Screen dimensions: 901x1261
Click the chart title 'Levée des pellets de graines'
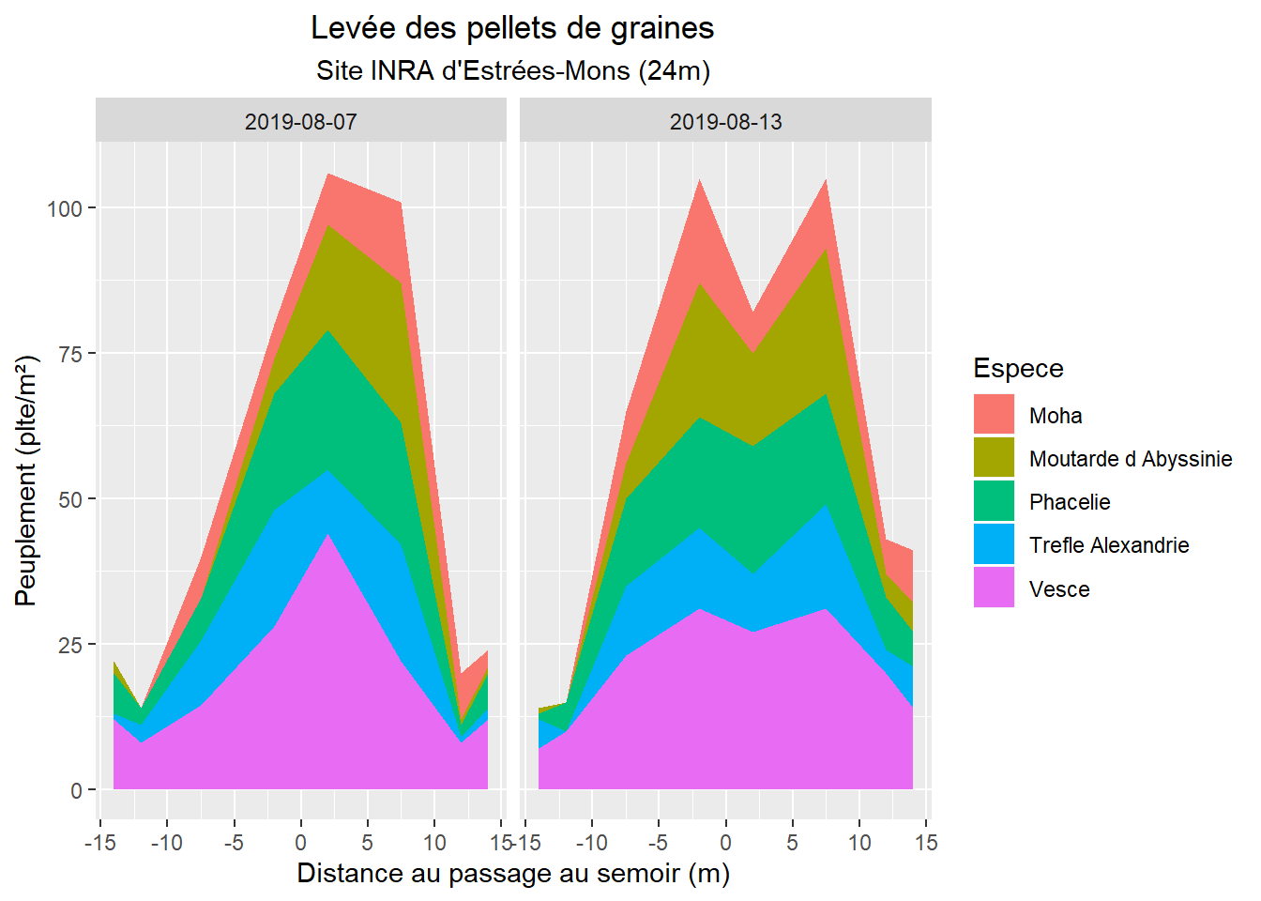tap(512, 29)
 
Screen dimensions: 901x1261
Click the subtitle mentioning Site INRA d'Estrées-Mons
tap(512, 71)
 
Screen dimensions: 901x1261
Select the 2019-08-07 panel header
tap(301, 121)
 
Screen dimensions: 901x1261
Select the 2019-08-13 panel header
tap(725, 121)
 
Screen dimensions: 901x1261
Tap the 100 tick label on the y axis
tap(65, 208)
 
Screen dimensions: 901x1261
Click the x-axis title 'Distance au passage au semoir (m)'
tap(513, 874)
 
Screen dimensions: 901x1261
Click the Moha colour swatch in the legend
tap(994, 415)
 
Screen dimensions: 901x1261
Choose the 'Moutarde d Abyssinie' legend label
tap(1131, 459)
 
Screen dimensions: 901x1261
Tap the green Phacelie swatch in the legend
tap(994, 501)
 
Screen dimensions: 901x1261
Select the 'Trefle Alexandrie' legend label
tap(1109, 545)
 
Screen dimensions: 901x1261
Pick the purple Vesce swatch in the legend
tap(994, 588)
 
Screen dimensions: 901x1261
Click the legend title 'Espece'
tap(1018, 368)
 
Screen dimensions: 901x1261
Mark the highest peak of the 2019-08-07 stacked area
tap(328, 175)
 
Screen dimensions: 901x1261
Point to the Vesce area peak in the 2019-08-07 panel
tap(328, 535)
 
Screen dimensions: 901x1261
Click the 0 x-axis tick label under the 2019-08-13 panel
tap(725, 842)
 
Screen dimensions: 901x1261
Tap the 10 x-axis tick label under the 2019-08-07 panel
tap(434, 842)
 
